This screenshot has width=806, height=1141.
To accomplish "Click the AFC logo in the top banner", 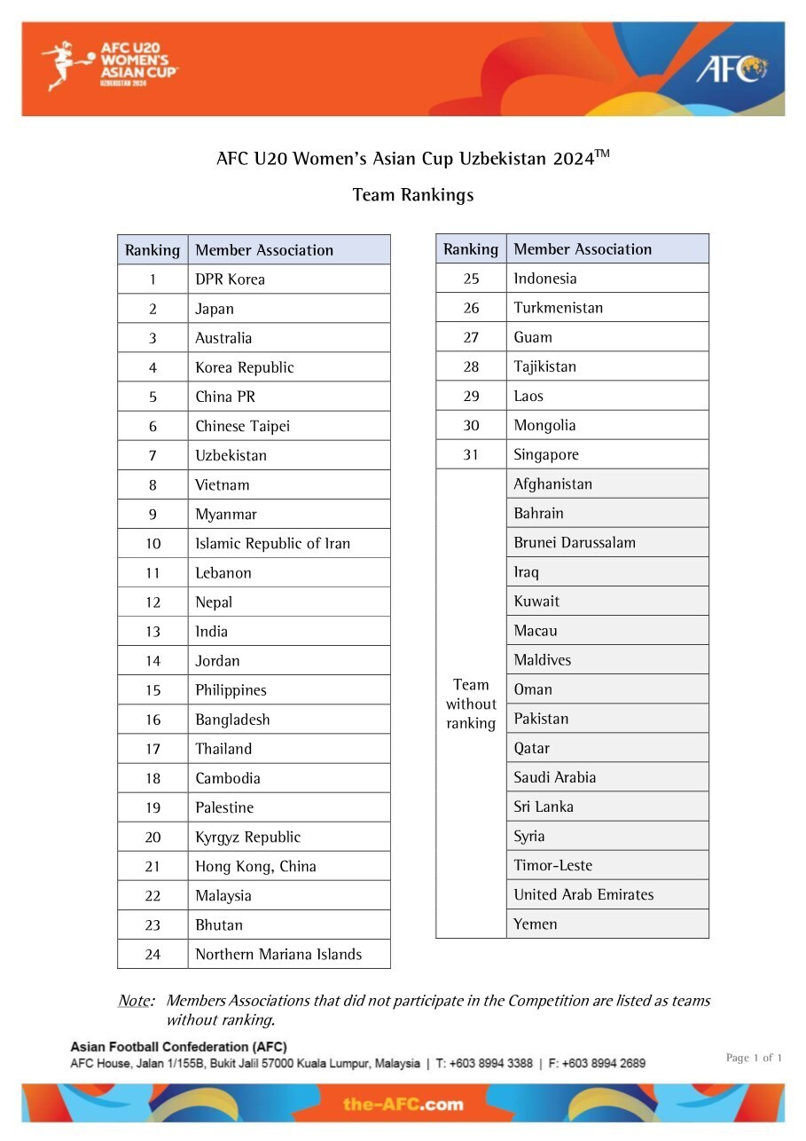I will tap(731, 68).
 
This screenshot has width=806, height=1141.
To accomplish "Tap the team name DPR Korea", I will tap(230, 279).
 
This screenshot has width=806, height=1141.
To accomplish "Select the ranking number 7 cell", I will tap(153, 455).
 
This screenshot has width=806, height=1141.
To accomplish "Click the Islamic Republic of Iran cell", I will tap(272, 543).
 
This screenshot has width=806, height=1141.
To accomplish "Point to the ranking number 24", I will tap(153, 955).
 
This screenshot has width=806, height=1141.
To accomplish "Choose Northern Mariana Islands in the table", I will tap(278, 955).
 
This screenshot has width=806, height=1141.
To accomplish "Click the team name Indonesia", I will tap(544, 279).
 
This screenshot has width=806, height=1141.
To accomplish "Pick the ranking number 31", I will tap(471, 454).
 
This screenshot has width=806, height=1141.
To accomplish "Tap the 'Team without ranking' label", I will tap(471, 704).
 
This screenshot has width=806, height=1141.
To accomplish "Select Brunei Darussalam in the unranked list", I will tap(575, 542).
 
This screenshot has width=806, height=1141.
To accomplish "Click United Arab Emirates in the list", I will tap(583, 894).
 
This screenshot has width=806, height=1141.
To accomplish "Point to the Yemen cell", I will tap(536, 924).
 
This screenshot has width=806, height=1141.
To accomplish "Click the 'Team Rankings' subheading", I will tap(413, 194).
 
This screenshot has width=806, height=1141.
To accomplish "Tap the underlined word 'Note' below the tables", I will tap(135, 1001).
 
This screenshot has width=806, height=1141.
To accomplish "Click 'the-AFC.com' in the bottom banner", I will tap(403, 1104).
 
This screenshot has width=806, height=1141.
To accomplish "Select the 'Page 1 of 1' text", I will tap(754, 1058).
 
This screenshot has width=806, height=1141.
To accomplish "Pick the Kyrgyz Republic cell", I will tap(247, 837).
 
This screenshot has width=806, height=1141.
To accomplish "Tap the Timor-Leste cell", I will tap(552, 865).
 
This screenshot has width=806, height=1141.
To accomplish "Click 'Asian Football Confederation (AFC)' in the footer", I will tap(178, 1047).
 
